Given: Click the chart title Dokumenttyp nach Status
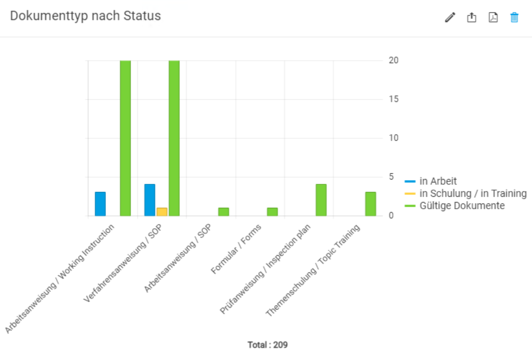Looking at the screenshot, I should tap(85, 16).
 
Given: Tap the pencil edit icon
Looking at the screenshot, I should tap(450, 18).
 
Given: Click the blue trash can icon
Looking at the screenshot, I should tap(514, 18).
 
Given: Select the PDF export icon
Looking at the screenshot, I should tap(493, 18).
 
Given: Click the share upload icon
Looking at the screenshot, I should tap(472, 18).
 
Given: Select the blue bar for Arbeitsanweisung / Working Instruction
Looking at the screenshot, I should tap(100, 204).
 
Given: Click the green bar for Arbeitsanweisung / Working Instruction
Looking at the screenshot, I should tap(125, 138).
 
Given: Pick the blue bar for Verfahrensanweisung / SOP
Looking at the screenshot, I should tap(150, 200).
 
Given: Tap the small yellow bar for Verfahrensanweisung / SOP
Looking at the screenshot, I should tap(162, 212).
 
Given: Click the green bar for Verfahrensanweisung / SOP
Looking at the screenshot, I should tap(174, 138).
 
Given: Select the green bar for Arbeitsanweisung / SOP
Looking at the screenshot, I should tap(223, 212).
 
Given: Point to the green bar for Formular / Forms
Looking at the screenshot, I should tap(272, 212).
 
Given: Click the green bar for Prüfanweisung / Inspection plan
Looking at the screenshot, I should tap(321, 200).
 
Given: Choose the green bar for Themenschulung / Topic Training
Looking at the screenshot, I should tap(370, 204).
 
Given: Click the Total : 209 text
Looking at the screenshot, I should tap(267, 345).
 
